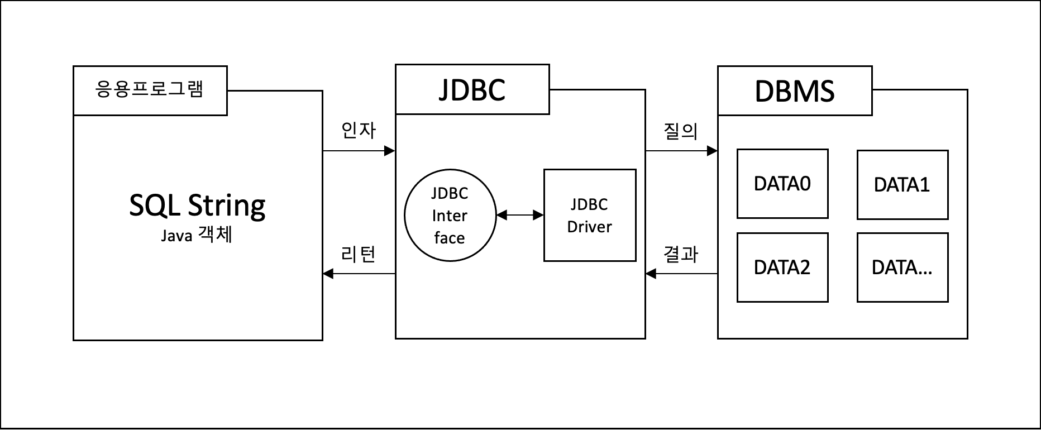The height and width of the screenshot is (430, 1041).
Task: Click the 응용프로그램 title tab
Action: point(150,90)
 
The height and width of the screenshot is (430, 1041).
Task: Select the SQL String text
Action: point(197,206)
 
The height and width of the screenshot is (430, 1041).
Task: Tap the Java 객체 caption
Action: point(197,235)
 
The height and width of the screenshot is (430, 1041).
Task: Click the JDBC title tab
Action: point(472,90)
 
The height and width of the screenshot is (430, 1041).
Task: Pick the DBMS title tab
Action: point(794,91)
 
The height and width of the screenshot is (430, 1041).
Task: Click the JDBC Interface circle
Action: point(450,216)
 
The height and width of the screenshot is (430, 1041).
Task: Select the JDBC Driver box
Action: point(590,216)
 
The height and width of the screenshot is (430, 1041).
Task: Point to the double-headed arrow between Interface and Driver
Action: point(520,215)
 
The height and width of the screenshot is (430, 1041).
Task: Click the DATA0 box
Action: point(782,184)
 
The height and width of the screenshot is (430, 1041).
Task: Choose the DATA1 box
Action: point(902,185)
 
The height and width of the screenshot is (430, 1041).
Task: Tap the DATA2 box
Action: point(782,267)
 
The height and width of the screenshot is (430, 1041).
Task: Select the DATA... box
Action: point(902,267)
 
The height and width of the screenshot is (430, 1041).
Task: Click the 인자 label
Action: point(359,130)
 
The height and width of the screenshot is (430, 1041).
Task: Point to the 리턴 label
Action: point(359,254)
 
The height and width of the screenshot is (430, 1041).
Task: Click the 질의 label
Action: point(681,131)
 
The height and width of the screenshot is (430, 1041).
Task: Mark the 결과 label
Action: point(681,254)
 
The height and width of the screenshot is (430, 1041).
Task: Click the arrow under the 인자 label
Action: point(359,151)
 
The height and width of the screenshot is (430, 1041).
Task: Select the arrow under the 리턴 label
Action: point(359,274)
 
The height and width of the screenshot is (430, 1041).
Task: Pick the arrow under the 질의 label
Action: point(681,151)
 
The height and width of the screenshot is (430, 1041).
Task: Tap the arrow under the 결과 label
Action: point(681,274)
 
